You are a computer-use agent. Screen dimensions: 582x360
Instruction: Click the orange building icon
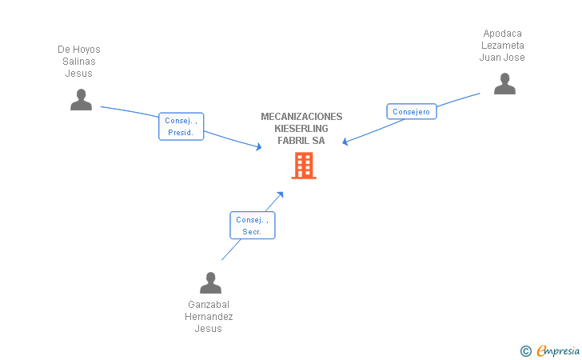(304, 166)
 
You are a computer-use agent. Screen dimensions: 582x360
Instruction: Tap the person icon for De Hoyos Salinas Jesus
(81, 99)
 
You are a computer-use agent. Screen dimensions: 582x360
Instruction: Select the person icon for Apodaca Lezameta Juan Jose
(504, 83)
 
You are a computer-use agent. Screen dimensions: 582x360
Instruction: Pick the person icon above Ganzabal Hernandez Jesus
(210, 282)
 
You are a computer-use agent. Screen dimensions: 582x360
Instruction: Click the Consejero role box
(411, 111)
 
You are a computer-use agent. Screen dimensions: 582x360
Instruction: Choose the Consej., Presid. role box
(181, 126)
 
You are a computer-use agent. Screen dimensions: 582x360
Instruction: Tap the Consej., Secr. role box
(253, 225)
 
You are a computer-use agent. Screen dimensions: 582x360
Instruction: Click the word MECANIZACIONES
(301, 117)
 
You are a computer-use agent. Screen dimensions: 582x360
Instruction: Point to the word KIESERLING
(301, 129)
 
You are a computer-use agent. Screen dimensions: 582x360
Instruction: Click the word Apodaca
(502, 34)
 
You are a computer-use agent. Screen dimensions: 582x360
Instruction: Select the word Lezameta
(503, 46)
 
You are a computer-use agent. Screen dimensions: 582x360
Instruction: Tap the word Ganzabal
(209, 305)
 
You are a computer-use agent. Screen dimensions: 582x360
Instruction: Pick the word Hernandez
(209, 317)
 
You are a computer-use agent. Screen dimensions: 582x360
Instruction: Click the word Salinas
(79, 62)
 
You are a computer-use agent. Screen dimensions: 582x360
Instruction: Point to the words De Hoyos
(79, 50)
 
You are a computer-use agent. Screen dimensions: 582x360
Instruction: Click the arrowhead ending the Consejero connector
(345, 142)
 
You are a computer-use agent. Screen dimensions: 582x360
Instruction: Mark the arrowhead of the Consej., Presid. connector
(259, 146)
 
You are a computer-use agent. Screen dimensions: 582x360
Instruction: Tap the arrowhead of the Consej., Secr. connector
(281, 194)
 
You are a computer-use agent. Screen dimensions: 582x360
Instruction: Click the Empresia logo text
(558, 350)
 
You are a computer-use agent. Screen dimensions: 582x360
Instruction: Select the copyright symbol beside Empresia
(525, 351)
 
